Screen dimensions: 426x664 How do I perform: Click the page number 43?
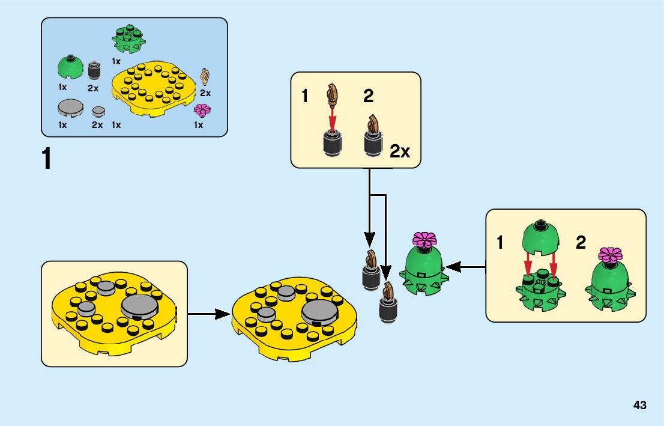(x=639, y=406)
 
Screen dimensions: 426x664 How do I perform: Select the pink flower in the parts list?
(x=202, y=110)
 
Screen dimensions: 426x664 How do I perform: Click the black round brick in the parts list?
(x=94, y=70)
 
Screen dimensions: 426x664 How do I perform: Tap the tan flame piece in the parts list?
(x=206, y=76)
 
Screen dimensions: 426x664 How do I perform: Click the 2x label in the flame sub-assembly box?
(x=400, y=151)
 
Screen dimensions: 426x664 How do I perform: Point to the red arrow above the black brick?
(x=332, y=114)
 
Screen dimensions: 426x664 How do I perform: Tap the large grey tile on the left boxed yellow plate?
(x=140, y=306)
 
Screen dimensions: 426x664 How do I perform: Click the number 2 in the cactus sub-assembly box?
(x=581, y=243)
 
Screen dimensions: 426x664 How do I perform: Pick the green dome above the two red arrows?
(x=540, y=237)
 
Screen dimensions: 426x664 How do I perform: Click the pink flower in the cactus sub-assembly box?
(x=611, y=255)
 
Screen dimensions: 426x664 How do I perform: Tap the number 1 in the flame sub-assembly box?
(x=306, y=96)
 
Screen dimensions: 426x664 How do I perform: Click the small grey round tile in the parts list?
(x=98, y=111)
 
